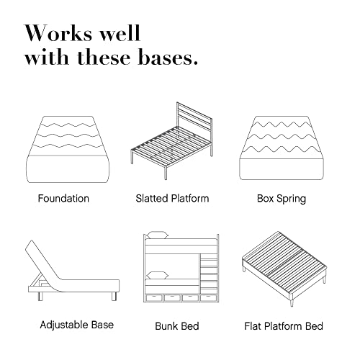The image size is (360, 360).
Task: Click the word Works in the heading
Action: [58, 33]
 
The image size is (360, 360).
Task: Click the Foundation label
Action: [63, 199]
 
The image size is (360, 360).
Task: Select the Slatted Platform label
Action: [172, 199]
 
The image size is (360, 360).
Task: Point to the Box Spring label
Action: [282, 199]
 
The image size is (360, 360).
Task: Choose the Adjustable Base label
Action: [77, 325]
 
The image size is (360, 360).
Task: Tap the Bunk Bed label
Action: [177, 326]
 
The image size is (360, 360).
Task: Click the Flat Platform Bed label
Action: [284, 326]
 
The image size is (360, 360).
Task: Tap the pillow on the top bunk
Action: [158, 235]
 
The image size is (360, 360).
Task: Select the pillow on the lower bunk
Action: [158, 275]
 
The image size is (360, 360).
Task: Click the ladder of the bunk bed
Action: [209, 274]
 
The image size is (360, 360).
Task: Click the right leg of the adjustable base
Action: [114, 296]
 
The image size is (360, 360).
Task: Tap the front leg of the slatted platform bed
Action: [166, 173]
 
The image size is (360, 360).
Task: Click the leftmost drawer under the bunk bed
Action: [153, 297]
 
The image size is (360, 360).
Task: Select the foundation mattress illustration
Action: [68, 149]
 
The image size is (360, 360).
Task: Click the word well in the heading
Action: [120, 33]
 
